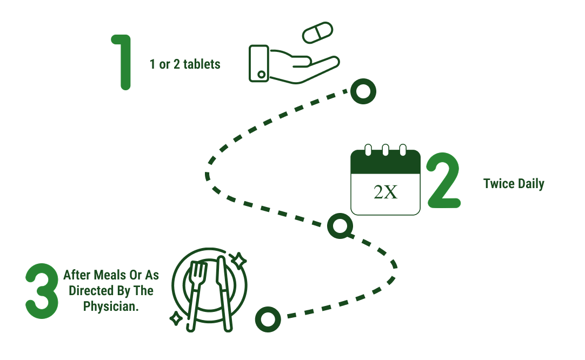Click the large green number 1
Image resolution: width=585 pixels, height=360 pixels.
124,62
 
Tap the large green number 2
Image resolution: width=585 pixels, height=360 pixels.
443,181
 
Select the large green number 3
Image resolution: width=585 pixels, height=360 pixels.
42,291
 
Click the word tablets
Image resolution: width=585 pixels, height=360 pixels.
202,64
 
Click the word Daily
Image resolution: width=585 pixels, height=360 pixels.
530,184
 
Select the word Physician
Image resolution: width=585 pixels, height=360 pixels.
110,306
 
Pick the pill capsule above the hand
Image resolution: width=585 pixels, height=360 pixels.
318,32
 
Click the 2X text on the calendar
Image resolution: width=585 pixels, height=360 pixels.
385,192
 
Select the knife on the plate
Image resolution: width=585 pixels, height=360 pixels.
223,292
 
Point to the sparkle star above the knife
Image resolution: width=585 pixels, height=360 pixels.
237,261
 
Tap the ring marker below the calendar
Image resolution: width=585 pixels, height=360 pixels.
340,225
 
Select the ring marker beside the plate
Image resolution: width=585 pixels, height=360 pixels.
268,319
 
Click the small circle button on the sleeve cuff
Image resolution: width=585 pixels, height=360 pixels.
261,75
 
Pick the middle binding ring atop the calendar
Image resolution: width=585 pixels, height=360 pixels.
385,149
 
